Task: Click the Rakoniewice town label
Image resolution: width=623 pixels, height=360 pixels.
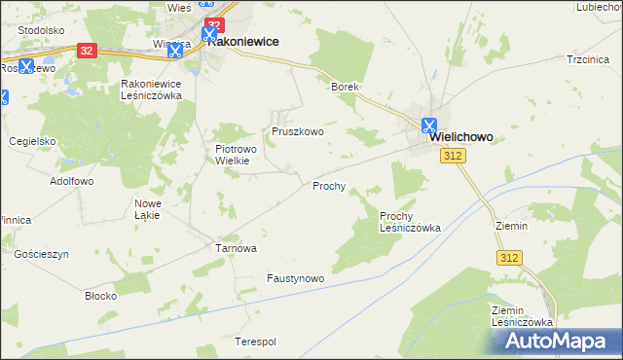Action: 243,43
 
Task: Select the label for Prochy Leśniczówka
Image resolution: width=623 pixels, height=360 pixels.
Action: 410,222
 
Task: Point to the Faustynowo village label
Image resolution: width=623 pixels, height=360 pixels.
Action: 295,278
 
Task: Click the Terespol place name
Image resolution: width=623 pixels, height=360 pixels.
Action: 256,342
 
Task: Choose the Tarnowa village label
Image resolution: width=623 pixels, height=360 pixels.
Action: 236,248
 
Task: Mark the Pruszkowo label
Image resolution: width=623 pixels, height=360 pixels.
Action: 297,131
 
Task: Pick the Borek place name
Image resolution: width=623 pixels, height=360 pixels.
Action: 346,87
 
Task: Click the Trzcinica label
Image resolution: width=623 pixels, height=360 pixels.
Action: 587,59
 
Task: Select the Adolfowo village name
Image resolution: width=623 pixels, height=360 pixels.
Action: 71,181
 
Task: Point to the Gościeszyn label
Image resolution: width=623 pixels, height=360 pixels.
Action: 42,254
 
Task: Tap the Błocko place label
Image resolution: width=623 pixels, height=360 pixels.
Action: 101,295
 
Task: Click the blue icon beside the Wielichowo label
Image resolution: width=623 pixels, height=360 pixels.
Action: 429,125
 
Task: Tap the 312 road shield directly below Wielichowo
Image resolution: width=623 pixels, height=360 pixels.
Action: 452,156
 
